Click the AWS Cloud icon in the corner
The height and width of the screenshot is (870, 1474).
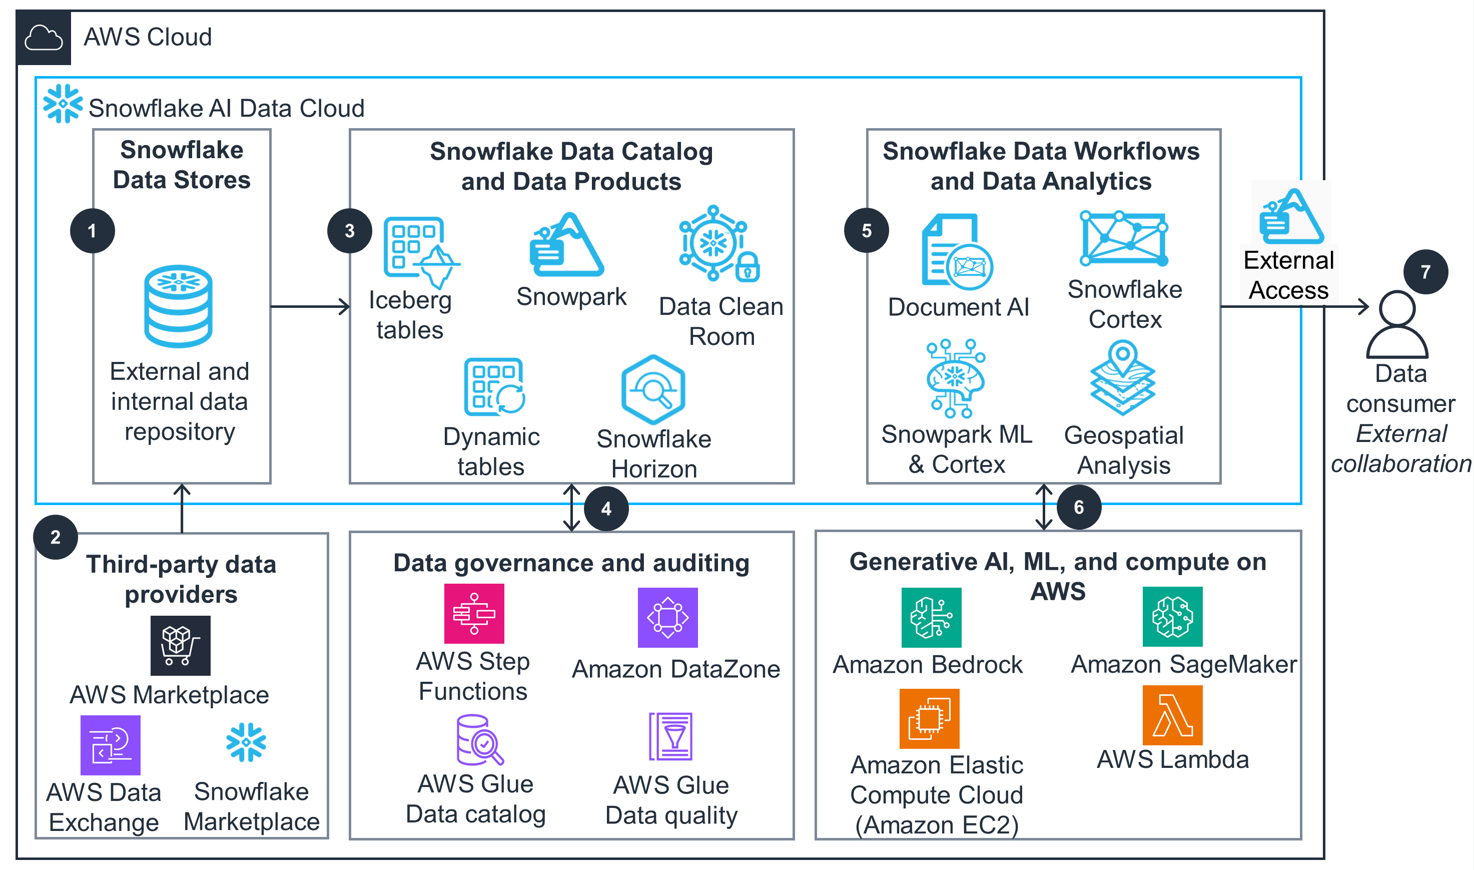(44, 38)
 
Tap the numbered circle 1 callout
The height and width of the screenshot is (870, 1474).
(92, 231)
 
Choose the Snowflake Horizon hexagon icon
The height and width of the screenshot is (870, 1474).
(653, 389)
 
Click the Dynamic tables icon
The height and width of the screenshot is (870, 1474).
(494, 387)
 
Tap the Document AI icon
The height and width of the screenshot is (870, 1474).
(957, 252)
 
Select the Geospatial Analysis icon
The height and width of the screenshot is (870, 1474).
(1122, 377)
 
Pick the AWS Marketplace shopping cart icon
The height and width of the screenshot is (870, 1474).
(181, 645)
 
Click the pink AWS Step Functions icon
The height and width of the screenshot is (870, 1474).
(474, 613)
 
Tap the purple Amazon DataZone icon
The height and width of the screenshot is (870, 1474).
(667, 617)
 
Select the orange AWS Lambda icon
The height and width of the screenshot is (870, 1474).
(1172, 715)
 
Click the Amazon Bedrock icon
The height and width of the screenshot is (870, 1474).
(931, 617)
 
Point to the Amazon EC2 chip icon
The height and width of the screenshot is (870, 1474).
(929, 719)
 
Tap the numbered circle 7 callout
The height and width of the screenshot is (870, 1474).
(1425, 272)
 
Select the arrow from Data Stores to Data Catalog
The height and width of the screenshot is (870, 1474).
(311, 306)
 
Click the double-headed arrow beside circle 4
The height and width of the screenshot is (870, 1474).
(572, 508)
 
